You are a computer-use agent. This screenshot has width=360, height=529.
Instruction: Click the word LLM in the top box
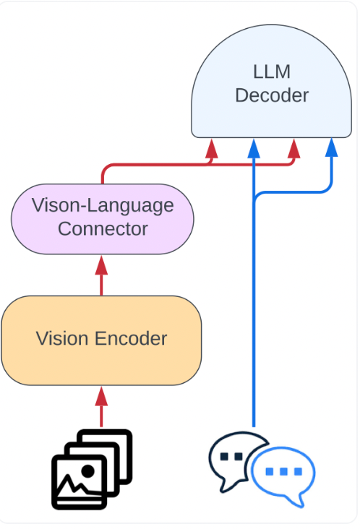pyautogui.click(x=271, y=72)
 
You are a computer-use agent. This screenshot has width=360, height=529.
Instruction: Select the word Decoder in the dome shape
pyautogui.click(x=271, y=95)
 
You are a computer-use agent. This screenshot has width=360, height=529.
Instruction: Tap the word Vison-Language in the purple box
pyautogui.click(x=102, y=205)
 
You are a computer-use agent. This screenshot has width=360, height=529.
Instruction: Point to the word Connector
pyautogui.click(x=102, y=229)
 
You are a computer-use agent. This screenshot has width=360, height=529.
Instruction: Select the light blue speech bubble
pyautogui.click(x=283, y=475)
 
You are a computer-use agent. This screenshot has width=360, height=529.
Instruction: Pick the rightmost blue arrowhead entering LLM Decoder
pyautogui.click(x=332, y=147)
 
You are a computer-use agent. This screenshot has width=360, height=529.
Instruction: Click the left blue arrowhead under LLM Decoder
pyautogui.click(x=254, y=147)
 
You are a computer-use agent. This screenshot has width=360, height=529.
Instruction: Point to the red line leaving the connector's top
pyautogui.click(x=102, y=176)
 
